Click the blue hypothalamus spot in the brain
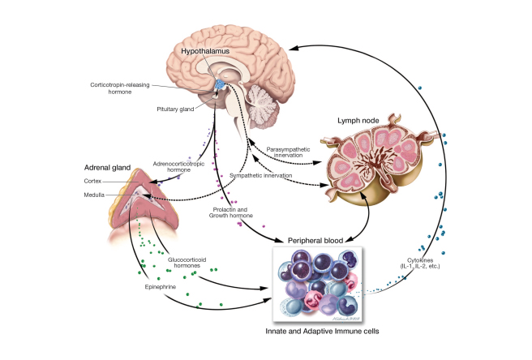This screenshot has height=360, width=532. (221, 84)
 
